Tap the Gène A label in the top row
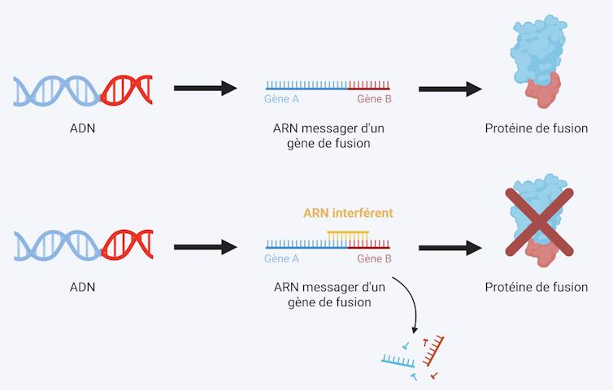(x=282, y=99)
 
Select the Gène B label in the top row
(x=374, y=99)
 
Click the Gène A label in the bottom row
(x=282, y=258)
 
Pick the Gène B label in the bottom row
(x=374, y=258)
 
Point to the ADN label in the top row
(x=82, y=128)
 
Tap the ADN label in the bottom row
(x=82, y=287)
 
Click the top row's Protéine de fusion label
(x=536, y=128)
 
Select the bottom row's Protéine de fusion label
(x=536, y=287)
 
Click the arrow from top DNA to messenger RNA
(x=204, y=88)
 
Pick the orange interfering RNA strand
(x=347, y=234)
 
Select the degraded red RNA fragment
(x=433, y=349)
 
